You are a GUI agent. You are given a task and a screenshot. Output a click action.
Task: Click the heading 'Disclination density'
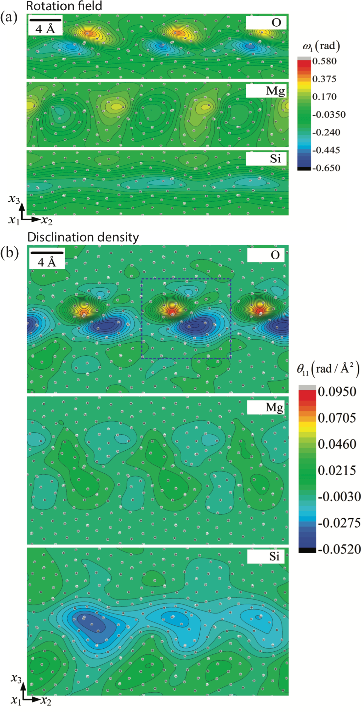coord(83,237)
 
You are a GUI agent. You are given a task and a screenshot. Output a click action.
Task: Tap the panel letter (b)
coord(9,253)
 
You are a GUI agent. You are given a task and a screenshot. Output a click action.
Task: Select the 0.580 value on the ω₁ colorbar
coord(324,61)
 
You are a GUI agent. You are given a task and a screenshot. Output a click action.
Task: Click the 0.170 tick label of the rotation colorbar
coord(324,97)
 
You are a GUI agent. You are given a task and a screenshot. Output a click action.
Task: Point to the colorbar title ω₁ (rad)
coord(321,46)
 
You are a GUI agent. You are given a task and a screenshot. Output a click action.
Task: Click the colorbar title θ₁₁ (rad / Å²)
coord(328,370)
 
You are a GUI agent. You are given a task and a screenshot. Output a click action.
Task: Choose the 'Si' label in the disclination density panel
coord(274,556)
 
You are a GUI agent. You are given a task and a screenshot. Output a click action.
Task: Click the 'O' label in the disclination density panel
coord(275,255)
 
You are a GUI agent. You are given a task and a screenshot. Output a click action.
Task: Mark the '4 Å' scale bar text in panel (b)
coord(47,262)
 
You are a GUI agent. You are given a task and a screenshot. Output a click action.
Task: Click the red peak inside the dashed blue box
coord(172,312)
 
